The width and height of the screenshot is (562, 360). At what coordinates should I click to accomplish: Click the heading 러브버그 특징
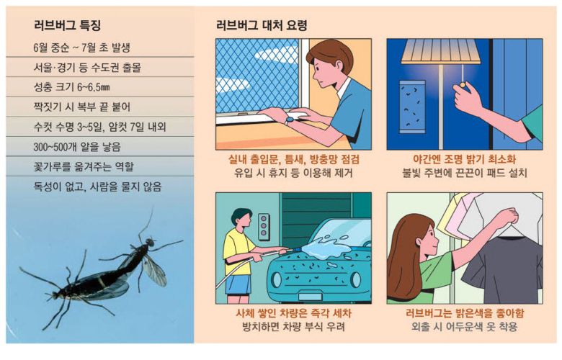[x=67, y=25]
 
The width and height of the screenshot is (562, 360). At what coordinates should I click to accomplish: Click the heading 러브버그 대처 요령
[x=262, y=25]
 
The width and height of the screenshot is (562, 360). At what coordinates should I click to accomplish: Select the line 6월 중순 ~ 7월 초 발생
[x=81, y=48]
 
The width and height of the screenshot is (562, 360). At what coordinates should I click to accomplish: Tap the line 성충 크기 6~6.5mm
[x=71, y=87]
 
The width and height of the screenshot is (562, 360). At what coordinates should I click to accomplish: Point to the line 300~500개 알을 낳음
[x=77, y=147]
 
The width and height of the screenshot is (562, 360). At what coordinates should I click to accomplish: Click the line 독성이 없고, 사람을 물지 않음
[x=97, y=186]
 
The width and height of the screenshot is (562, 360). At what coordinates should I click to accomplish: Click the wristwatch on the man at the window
[x=290, y=120]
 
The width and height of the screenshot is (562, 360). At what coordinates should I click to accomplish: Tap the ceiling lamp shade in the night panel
[x=441, y=52]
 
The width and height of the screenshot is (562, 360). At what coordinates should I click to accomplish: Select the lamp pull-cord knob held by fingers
[x=463, y=85]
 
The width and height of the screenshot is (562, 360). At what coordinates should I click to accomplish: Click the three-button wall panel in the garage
[x=264, y=227]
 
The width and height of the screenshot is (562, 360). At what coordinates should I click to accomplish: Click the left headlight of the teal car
[x=277, y=279]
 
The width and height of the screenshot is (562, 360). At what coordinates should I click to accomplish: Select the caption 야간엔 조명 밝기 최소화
[x=465, y=159]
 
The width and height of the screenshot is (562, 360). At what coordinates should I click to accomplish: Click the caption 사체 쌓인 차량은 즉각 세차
[x=293, y=313]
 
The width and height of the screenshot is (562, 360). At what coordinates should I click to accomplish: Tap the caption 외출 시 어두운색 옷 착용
[x=465, y=327]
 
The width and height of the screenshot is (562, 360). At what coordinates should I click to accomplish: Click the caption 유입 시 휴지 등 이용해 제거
[x=293, y=173]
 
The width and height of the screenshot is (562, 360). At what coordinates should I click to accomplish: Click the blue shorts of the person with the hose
[x=237, y=284]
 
